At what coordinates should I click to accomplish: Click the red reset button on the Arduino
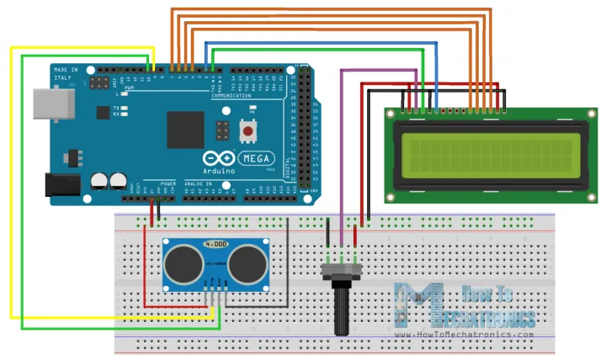(248, 130)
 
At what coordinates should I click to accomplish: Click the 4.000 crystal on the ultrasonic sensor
(215, 244)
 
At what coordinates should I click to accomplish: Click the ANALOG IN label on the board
(198, 183)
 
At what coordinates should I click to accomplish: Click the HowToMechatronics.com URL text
(476, 334)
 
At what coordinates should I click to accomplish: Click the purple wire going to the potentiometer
(340, 151)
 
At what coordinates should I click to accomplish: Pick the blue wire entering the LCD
(436, 76)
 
